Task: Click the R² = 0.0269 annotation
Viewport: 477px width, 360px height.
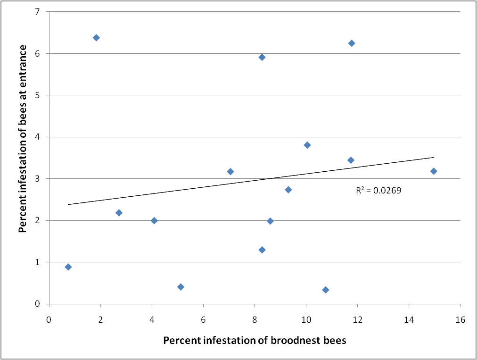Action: coord(378,191)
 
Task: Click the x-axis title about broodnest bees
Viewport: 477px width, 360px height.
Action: coord(255,341)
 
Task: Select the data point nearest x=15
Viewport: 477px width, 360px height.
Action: coord(434,171)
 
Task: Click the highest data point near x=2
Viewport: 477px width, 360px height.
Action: coord(96,37)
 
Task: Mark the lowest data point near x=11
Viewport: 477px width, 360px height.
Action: coord(325,290)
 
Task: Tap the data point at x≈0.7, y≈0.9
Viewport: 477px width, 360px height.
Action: coord(68,267)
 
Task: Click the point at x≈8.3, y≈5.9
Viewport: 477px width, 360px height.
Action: coord(262,57)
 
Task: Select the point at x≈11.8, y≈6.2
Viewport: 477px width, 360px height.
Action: coord(351,43)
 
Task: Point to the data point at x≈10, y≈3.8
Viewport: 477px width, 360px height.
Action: coord(307,145)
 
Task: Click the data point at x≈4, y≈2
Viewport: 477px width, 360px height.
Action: coord(154,220)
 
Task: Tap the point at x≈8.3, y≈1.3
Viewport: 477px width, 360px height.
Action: coord(262,250)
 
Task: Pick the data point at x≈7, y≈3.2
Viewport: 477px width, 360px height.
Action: coord(230,171)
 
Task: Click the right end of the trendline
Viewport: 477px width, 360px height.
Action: coord(433,157)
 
